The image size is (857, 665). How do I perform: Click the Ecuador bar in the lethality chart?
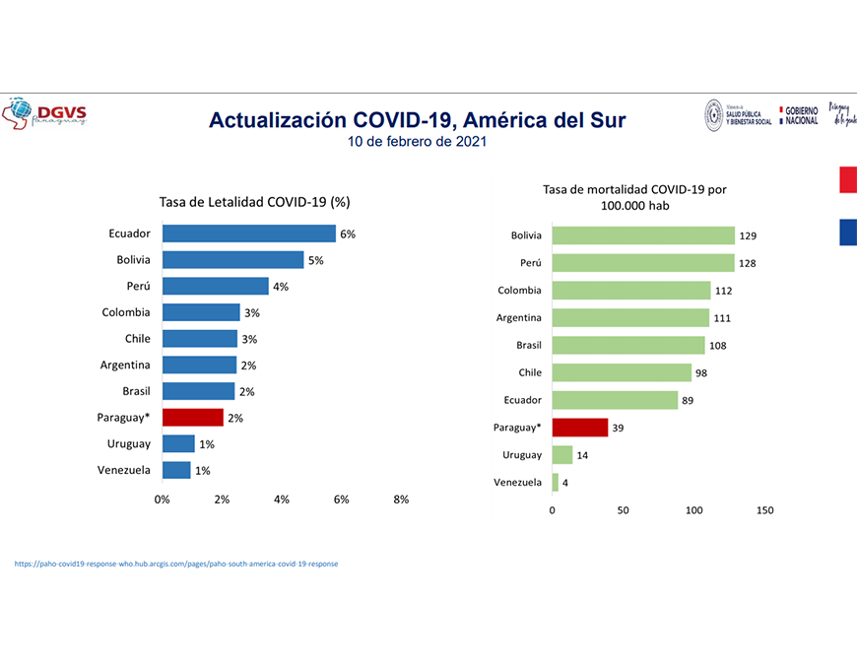(x=248, y=233)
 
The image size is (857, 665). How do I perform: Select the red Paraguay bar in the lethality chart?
(x=193, y=417)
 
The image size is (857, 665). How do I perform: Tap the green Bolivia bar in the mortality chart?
(x=643, y=235)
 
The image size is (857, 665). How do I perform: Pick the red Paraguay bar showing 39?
(x=579, y=428)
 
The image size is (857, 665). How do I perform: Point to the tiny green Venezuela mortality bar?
(x=556, y=483)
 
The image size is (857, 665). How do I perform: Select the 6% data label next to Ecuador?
(x=348, y=234)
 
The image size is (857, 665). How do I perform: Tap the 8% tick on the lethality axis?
(x=401, y=499)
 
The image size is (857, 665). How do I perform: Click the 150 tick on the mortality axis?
(x=764, y=510)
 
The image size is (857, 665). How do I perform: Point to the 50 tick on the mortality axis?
(x=623, y=510)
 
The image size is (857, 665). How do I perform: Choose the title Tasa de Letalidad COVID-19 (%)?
(x=255, y=202)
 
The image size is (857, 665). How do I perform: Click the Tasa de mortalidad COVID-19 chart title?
(x=634, y=197)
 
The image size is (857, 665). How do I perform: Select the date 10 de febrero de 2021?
(x=417, y=142)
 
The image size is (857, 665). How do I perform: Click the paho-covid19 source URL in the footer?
(x=176, y=565)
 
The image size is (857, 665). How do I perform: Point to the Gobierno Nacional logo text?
(x=801, y=115)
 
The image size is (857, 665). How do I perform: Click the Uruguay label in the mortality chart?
(x=522, y=455)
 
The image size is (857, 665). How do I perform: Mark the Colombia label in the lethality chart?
(x=126, y=312)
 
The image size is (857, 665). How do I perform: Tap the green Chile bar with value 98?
(x=621, y=372)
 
